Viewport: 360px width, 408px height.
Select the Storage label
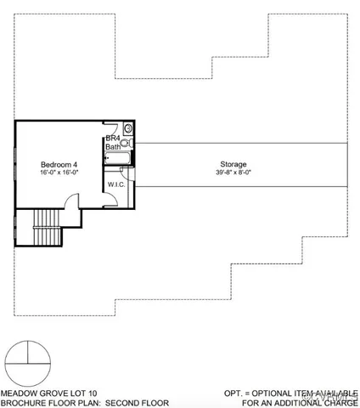coord(233,163)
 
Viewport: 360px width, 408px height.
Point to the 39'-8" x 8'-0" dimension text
coord(233,173)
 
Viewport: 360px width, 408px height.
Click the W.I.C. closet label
coord(116,184)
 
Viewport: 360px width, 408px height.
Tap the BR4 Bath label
coord(113,143)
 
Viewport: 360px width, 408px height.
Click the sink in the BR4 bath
coord(128,129)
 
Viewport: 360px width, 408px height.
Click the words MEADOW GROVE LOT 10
coord(48,394)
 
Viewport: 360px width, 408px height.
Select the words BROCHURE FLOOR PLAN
coord(53,403)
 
